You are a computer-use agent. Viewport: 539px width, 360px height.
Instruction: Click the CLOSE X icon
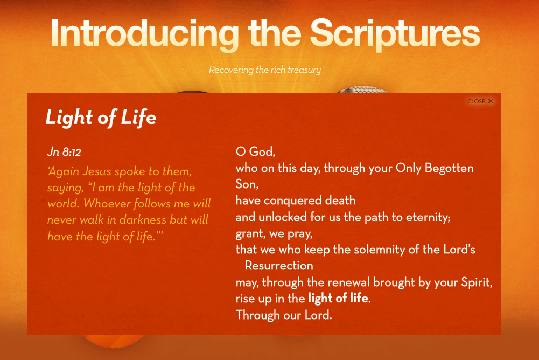point(491,101)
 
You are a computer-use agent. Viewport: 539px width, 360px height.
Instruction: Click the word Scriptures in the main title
point(395,33)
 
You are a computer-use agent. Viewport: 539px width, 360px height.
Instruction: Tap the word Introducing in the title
point(145,33)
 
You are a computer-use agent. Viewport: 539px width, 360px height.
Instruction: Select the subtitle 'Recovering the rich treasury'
point(265,70)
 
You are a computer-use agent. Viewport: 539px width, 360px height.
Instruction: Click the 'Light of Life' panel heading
point(101,117)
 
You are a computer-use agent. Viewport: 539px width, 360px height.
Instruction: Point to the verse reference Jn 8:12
point(64,152)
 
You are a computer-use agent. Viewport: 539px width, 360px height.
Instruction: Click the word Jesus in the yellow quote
point(97,171)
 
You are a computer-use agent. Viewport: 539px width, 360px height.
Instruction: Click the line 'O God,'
point(255,151)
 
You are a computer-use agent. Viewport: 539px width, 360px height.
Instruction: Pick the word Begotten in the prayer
point(449,168)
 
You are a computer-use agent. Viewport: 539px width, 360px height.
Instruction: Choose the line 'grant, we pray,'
point(274,234)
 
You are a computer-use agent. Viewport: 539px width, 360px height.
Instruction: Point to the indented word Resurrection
point(279,266)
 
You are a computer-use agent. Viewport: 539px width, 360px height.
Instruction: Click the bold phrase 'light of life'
point(338,298)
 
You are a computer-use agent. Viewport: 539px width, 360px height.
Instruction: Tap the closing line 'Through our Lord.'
point(284,315)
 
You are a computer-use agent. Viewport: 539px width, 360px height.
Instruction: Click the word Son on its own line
point(247,184)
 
